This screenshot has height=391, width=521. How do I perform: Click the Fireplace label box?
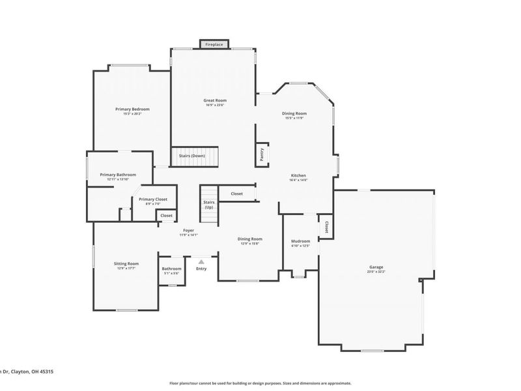214,44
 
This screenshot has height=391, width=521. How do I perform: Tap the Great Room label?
214,100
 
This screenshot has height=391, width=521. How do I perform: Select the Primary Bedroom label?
132,109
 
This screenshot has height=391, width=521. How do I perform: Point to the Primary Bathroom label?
118,175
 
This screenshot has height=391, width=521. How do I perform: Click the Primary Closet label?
153,199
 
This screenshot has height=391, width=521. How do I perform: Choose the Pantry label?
261,154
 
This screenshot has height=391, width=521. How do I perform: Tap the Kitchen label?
298,175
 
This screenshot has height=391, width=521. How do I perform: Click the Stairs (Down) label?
193,156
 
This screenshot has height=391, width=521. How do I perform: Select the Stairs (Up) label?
209,205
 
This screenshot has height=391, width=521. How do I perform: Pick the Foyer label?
188,230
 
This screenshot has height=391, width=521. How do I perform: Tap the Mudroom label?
300,241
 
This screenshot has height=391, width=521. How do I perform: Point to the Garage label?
376,267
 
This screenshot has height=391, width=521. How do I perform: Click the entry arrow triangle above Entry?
201,261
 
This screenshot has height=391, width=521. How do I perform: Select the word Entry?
201,268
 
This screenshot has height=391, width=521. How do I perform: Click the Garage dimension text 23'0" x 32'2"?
376,272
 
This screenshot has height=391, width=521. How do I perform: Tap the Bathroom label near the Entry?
172,268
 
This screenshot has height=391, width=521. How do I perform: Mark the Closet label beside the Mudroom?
326,227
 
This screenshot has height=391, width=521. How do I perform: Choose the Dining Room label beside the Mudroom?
250,239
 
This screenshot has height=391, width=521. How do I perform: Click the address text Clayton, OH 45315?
33,371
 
